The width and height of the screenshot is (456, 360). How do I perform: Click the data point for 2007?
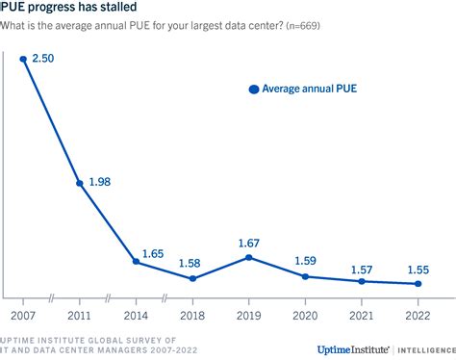pyautogui.click(x=23, y=59)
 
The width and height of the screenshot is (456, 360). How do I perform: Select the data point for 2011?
pyautogui.click(x=80, y=183)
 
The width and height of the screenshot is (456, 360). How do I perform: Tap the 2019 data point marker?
pyautogui.click(x=248, y=257)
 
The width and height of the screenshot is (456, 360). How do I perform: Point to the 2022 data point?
pyautogui.click(x=418, y=284)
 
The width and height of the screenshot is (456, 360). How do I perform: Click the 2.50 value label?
pyautogui.click(x=43, y=59)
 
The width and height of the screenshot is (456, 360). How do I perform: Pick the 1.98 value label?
pyautogui.click(x=100, y=182)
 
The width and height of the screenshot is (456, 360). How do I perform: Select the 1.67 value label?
pyautogui.click(x=249, y=244)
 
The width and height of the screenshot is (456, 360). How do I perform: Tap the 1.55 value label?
pyautogui.click(x=418, y=270)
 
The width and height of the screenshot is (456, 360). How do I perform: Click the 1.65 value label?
pyautogui.click(x=153, y=254)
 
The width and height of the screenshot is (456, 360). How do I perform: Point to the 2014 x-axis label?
pyautogui.click(x=136, y=316)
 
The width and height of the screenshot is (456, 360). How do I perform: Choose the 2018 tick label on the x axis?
pyautogui.click(x=192, y=316)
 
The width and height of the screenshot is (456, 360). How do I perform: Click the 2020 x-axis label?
pyautogui.click(x=305, y=316)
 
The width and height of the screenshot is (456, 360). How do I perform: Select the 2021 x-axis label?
pyautogui.click(x=362, y=316)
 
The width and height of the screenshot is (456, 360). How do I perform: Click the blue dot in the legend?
pyautogui.click(x=254, y=90)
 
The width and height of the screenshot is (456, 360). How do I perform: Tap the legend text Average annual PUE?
pyautogui.click(x=310, y=89)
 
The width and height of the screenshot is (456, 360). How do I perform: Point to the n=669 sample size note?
pyautogui.click(x=303, y=26)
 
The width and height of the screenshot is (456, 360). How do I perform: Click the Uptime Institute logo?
pyautogui.click(x=353, y=349)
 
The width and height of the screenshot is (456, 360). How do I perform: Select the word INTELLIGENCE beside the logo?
pyautogui.click(x=426, y=350)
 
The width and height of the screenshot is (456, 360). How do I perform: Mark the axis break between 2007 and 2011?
pyautogui.click(x=51, y=298)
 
